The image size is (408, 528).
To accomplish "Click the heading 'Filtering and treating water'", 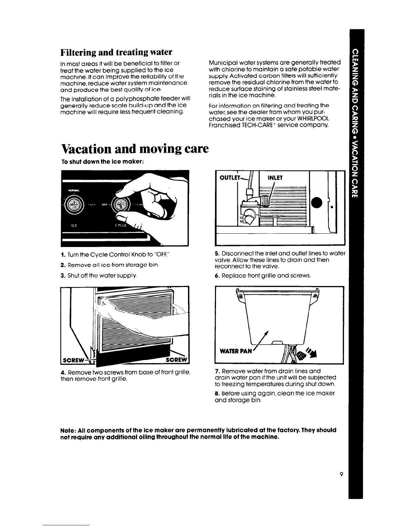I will pyautogui.click(x=116, y=52).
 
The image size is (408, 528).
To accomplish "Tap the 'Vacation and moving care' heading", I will pyautogui.click(x=135, y=148).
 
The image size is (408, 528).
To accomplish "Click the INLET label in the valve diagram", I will pyautogui.click(x=275, y=178).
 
